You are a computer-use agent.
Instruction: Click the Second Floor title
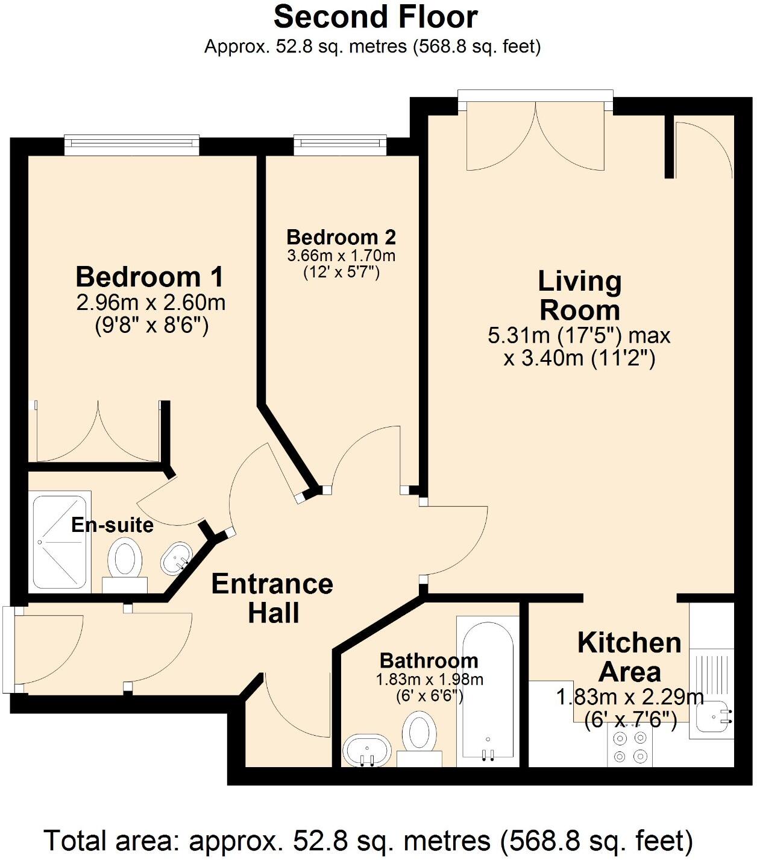tap(375, 17)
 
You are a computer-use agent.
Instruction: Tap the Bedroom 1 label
tap(149, 277)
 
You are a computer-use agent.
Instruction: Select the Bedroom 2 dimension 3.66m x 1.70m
tap(341, 256)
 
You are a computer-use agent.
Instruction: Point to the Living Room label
tap(579, 296)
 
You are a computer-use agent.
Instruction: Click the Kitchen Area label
tap(629, 657)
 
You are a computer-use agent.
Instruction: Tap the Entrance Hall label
tap(272, 598)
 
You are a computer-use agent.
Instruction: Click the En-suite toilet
tap(125, 561)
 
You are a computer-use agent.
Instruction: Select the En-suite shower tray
tap(60, 542)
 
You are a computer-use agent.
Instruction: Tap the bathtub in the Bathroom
tap(488, 688)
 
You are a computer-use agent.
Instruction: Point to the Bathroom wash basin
tap(367, 751)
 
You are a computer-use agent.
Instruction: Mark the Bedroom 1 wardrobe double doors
tap(98, 431)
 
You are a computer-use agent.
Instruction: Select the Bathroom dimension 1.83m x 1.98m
tap(429, 680)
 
